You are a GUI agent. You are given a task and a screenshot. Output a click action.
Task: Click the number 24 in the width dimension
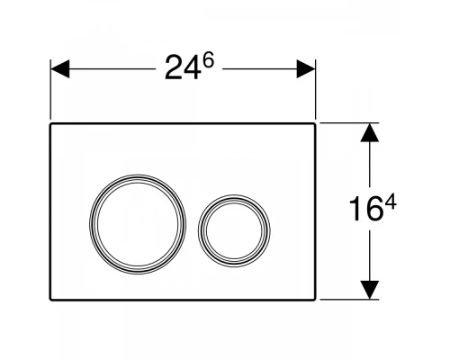pyautogui.click(x=180, y=69)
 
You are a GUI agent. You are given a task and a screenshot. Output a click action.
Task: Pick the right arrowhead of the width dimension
pyautogui.click(x=306, y=68)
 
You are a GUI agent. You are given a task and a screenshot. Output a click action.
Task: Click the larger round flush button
pyautogui.click(x=130, y=220)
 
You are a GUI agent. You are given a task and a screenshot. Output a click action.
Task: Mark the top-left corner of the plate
pyautogui.click(x=51, y=125)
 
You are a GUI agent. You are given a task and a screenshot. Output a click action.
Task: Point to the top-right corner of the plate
pyautogui.click(x=314, y=125)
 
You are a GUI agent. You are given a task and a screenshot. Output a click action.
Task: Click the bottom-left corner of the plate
pyautogui.click(x=51, y=300)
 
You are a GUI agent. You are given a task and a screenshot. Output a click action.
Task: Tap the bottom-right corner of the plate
pyautogui.click(x=314, y=300)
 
